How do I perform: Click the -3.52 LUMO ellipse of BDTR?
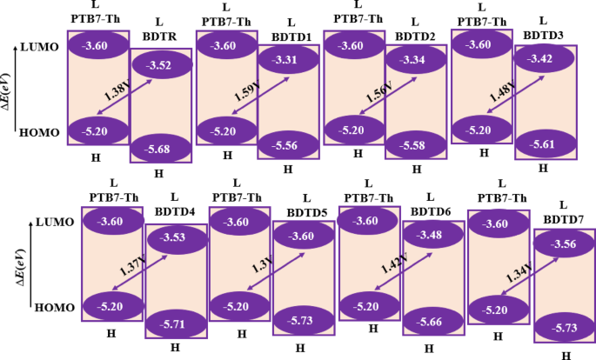160,64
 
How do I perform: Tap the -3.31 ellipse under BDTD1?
287,60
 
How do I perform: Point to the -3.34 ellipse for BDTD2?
416,59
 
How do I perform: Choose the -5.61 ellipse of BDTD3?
545,145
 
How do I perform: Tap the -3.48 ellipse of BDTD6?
430,235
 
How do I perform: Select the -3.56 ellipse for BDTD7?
566,244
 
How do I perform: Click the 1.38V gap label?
111,93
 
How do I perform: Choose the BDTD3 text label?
544,34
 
